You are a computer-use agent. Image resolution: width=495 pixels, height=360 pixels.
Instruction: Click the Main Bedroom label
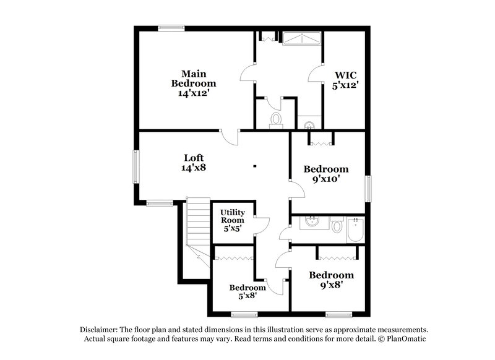[x=194, y=83]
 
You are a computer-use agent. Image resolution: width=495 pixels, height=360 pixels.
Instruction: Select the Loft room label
[x=193, y=162]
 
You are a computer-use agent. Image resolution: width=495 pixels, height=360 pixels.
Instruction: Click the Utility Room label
[x=233, y=220]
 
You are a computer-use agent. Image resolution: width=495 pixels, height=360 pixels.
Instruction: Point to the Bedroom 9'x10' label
[x=325, y=173]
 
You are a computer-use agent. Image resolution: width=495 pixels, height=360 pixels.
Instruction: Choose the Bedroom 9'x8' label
[x=332, y=280]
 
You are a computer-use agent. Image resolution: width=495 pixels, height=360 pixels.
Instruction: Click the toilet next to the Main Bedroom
[x=276, y=119]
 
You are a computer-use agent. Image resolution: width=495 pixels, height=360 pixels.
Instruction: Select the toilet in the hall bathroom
[x=337, y=226]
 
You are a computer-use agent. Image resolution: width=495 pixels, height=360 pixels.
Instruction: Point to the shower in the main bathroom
[x=302, y=40]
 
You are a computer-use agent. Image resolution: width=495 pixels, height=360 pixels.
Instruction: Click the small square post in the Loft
[x=254, y=165]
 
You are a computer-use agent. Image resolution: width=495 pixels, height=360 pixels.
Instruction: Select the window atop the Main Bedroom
[x=171, y=27]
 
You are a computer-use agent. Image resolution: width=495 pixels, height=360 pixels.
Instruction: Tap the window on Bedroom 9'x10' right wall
[x=368, y=188]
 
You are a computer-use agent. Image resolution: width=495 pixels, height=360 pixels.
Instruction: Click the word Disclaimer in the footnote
[x=101, y=330]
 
